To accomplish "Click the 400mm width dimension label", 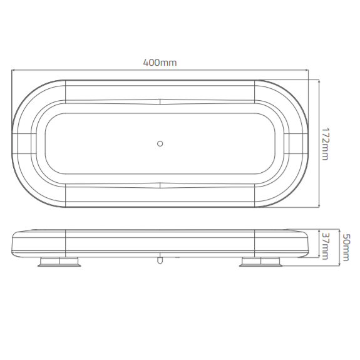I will click(x=160, y=62).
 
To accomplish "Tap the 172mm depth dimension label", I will click(x=325, y=143).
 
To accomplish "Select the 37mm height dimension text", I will click(x=324, y=244).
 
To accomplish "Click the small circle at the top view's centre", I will click(x=160, y=143).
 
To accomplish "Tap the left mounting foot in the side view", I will click(x=59, y=261).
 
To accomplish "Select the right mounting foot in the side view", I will click(x=260, y=261).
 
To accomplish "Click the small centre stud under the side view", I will click(x=160, y=259).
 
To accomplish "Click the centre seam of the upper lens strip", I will click(x=160, y=101).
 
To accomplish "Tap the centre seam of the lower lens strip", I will click(x=160, y=185).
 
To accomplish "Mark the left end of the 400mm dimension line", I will click(x=12, y=69).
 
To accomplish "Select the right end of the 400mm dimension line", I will click(x=308, y=69).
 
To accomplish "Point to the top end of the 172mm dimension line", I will click(x=320, y=80).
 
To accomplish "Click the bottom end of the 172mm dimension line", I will click(x=320, y=207).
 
